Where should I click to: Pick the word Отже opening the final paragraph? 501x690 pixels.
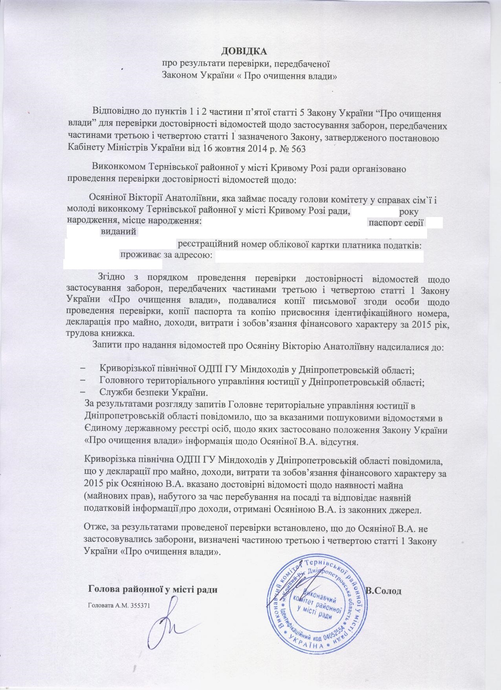[x=94, y=526]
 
